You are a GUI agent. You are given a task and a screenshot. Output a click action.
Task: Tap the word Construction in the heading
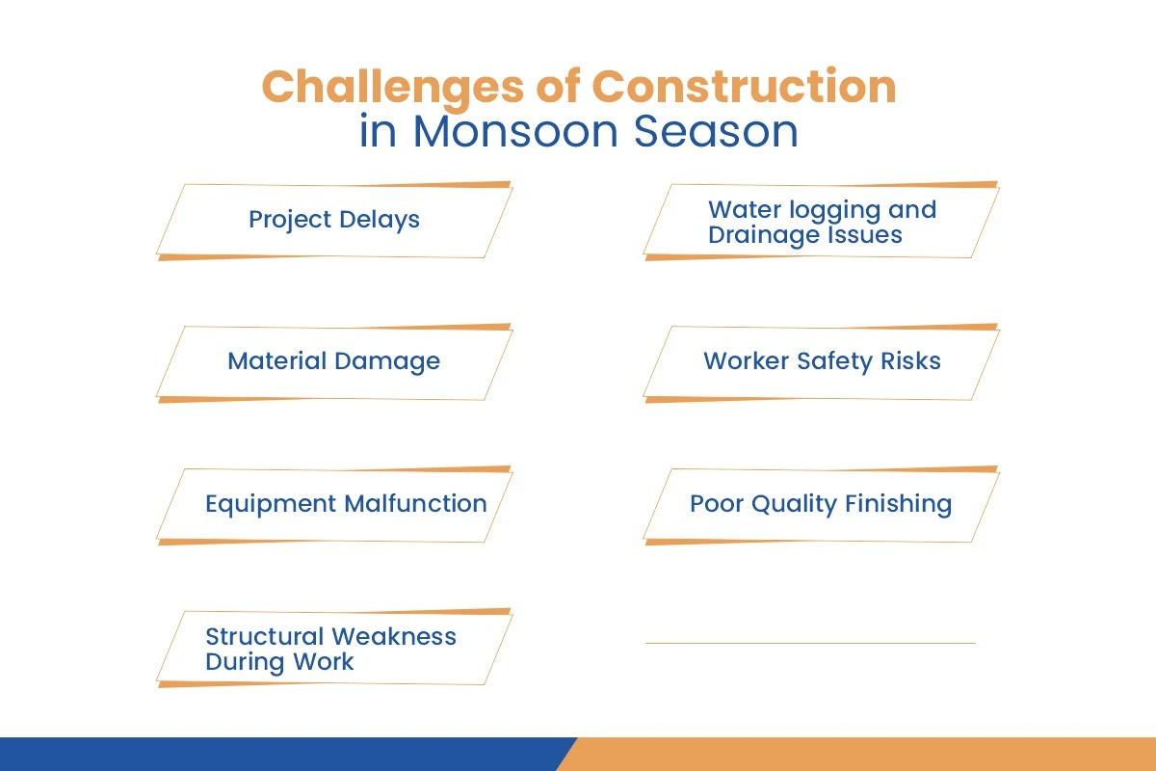[744, 88]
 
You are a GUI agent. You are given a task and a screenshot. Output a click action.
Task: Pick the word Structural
[265, 636]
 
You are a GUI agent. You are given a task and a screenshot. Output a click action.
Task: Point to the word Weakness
[394, 636]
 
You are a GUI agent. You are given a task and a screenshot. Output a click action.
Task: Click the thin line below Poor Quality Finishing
[809, 643]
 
